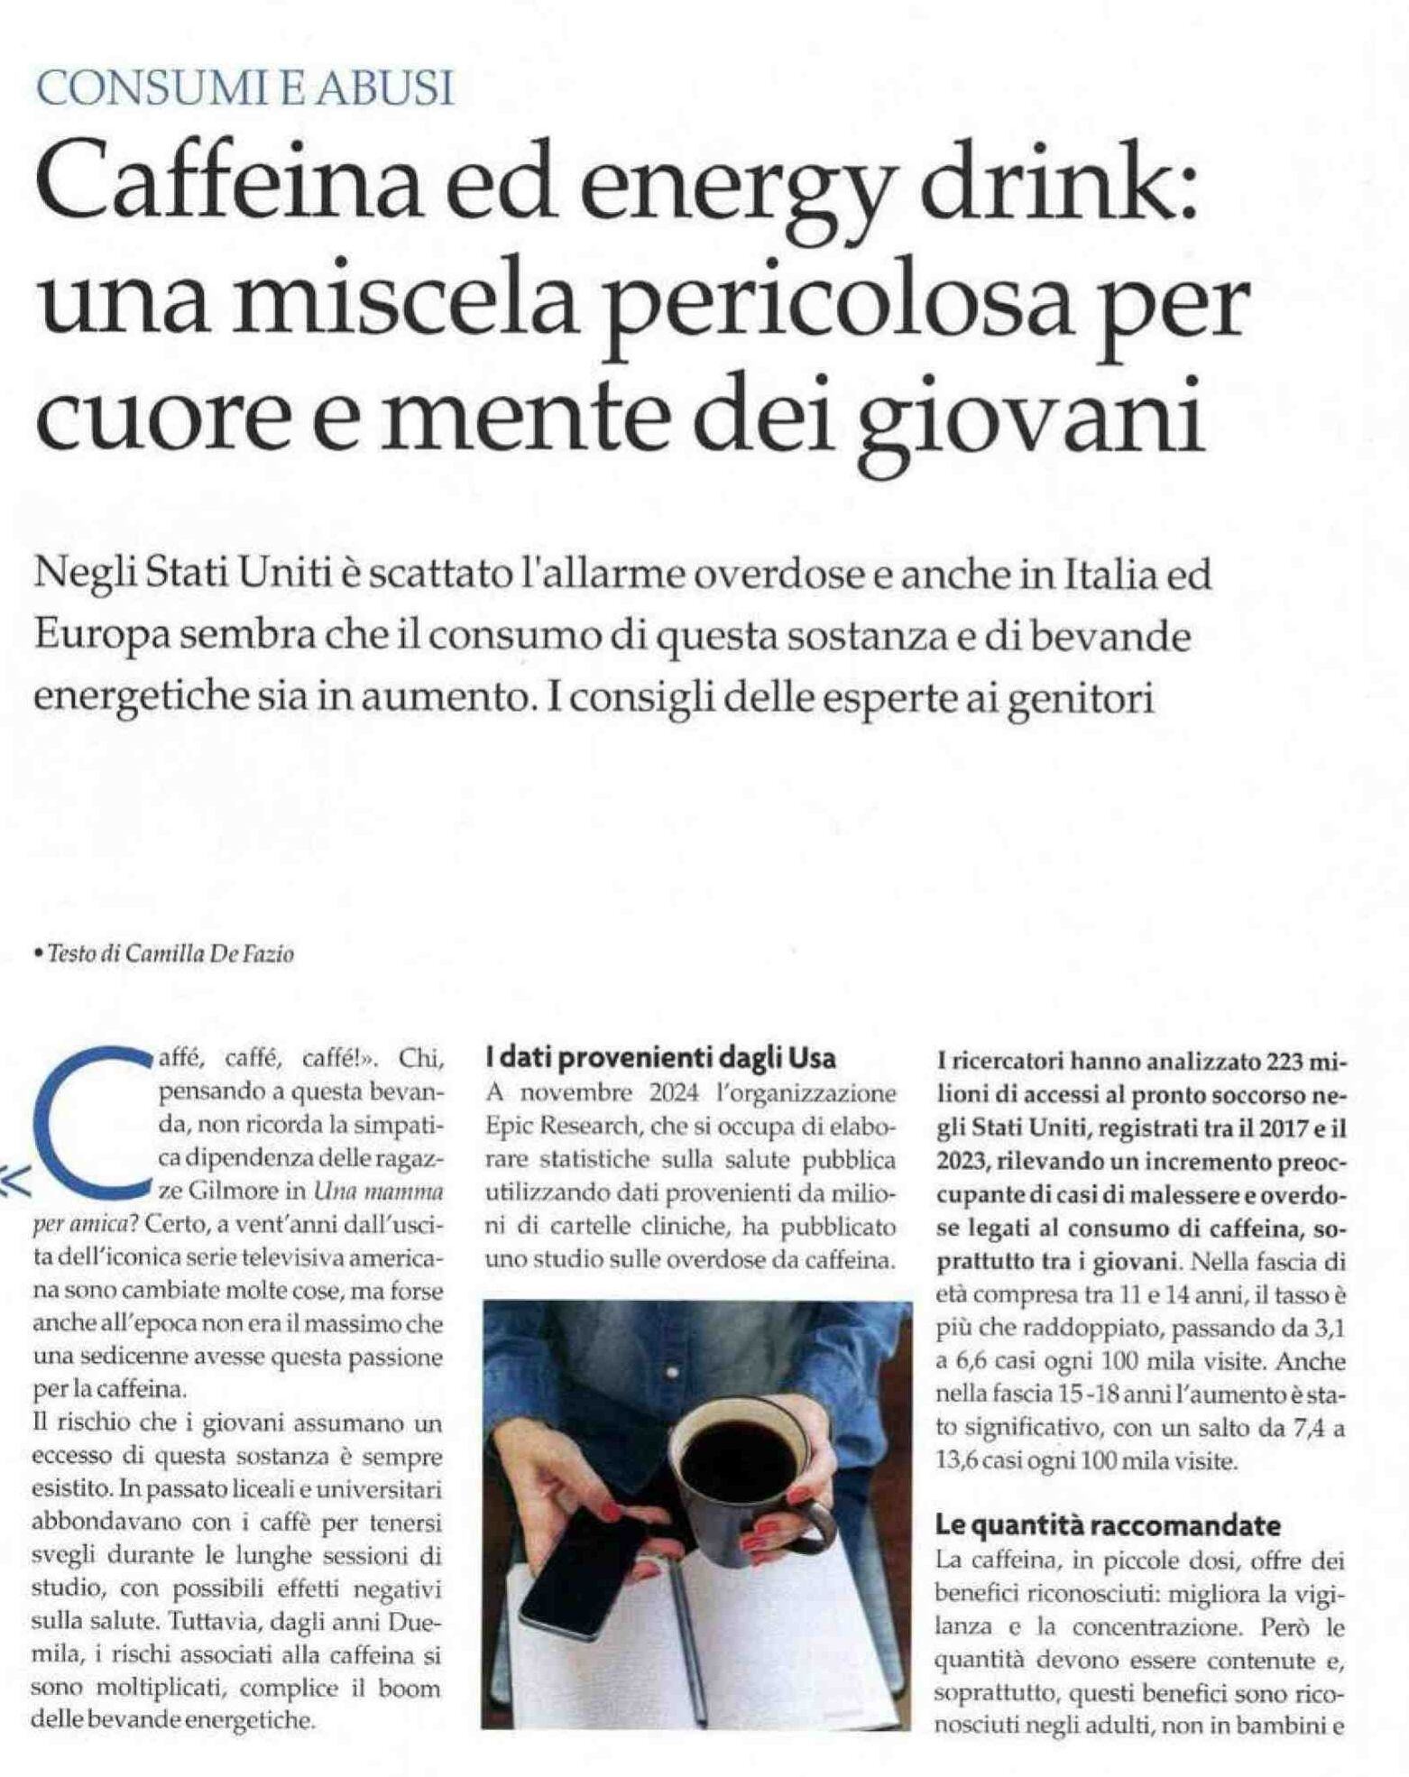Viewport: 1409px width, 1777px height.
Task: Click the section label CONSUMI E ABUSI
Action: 243,89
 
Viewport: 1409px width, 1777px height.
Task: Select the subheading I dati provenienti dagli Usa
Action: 660,1057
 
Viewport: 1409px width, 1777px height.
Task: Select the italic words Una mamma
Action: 378,1191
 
